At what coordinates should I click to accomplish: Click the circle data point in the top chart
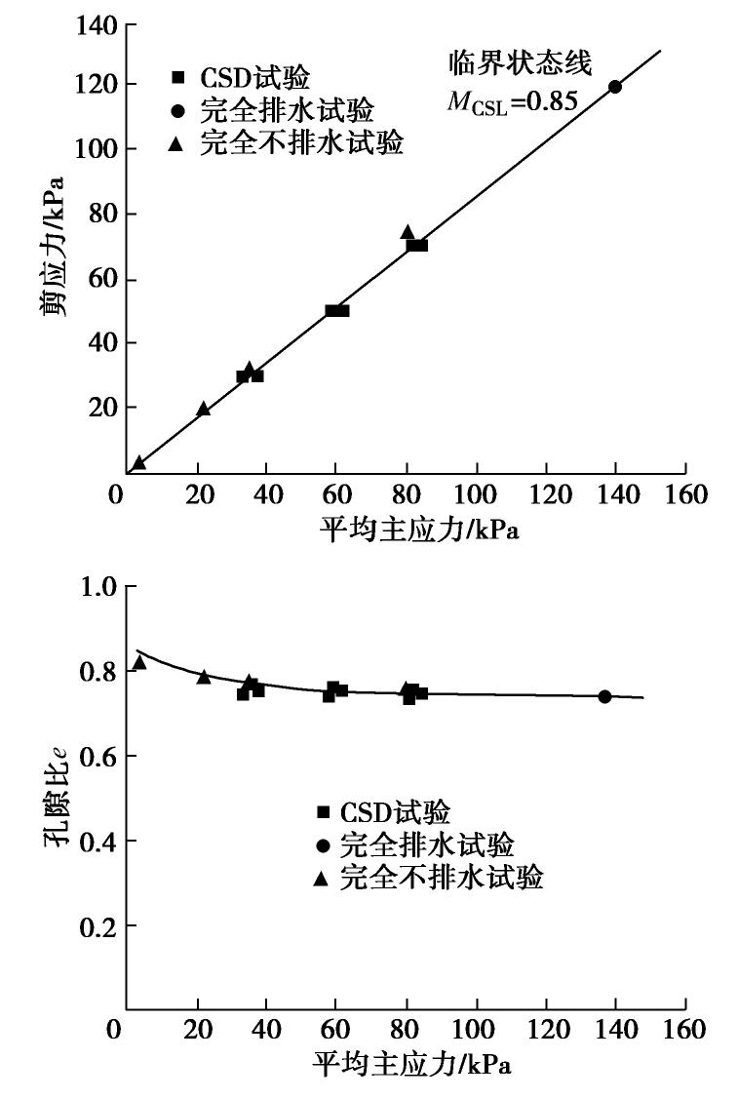(x=615, y=87)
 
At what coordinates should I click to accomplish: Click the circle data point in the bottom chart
(x=604, y=696)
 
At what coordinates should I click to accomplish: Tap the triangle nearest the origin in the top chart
(x=139, y=463)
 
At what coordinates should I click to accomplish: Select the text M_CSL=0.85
(x=513, y=100)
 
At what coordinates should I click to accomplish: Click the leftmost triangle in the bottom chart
(x=139, y=663)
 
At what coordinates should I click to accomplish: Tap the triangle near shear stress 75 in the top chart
(x=408, y=232)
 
